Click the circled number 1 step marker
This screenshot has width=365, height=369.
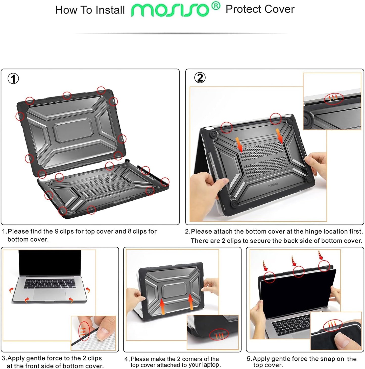click(x=13, y=79)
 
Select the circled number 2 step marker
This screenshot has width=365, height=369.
click(x=200, y=78)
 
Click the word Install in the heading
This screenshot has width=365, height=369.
click(x=110, y=10)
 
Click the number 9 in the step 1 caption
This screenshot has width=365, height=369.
click(x=57, y=231)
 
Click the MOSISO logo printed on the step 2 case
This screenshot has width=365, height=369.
click(x=273, y=186)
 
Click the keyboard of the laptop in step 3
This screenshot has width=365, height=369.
click(x=50, y=283)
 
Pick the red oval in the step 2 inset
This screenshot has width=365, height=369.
click(x=333, y=98)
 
